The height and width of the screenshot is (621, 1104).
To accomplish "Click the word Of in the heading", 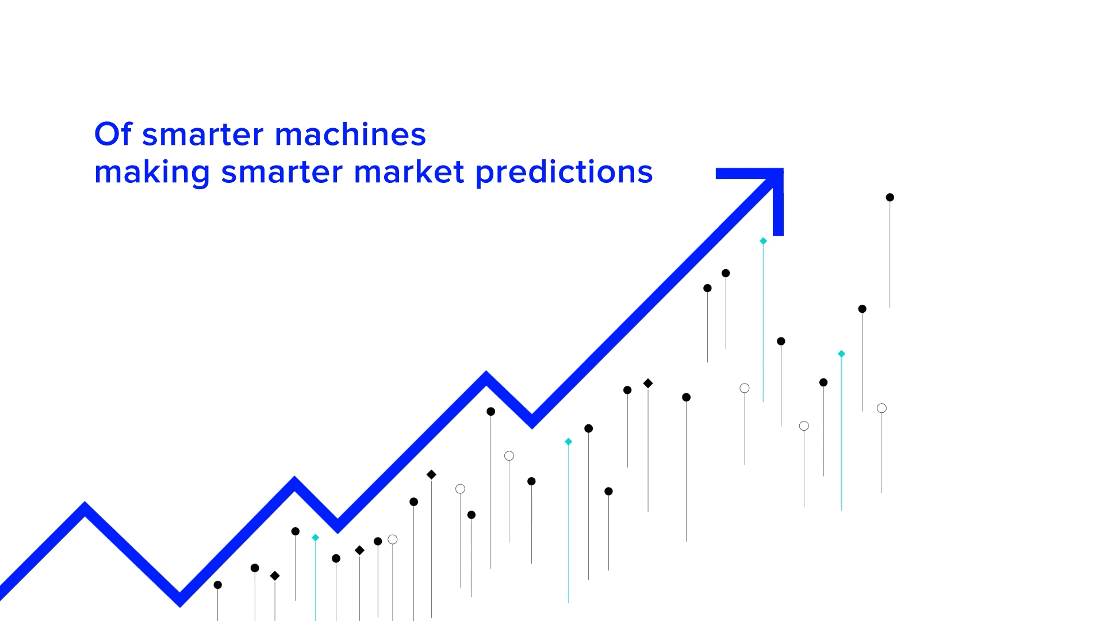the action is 113,134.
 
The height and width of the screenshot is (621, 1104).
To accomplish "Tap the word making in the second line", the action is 152,173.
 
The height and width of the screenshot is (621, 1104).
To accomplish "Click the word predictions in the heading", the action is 564,173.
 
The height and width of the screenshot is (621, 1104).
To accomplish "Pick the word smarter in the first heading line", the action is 203,135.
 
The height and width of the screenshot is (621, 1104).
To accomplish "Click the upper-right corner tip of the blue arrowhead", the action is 783,168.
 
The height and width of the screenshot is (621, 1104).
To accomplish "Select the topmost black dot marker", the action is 890,197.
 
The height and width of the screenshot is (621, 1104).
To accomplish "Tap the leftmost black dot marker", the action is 218,585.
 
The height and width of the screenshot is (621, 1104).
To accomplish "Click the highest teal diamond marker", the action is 763,241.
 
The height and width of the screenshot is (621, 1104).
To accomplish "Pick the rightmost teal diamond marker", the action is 841,354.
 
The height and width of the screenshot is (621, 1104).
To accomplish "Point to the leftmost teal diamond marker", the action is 315,538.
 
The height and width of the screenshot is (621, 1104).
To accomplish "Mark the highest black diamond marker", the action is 648,383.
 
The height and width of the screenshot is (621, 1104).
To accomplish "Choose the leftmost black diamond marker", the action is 275,576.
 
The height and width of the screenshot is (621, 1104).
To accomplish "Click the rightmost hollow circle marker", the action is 881,408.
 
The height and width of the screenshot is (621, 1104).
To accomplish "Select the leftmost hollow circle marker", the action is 393,539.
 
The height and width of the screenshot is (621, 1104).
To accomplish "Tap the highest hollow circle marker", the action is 745,388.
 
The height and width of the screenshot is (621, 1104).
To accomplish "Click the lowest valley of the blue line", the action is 180,600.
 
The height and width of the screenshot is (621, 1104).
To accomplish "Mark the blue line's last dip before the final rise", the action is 532,422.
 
